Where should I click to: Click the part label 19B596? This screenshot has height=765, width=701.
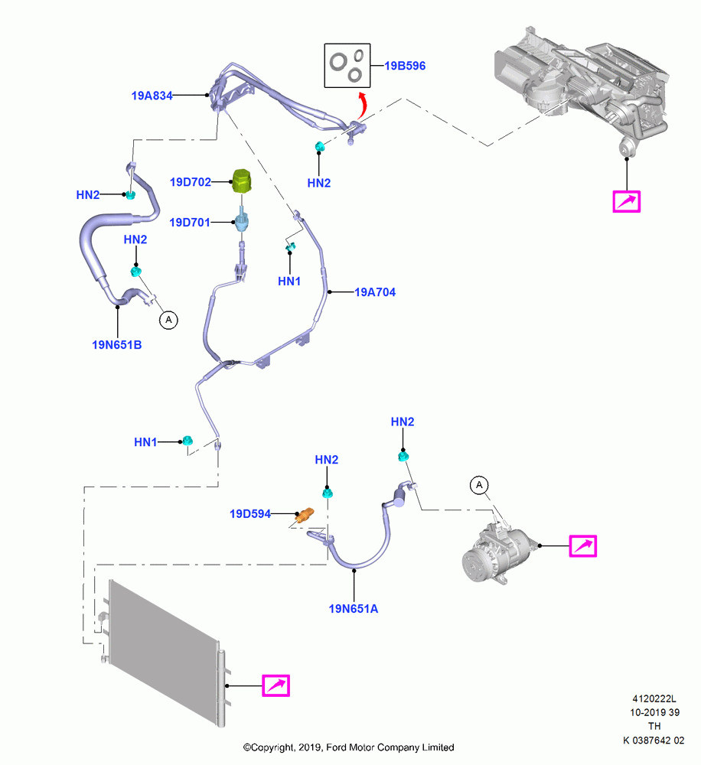[x=405, y=66]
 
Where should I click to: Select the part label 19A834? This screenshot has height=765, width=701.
[x=152, y=96]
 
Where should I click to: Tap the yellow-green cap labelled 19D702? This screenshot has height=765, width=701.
[x=242, y=181]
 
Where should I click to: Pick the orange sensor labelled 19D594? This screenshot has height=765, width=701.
[x=305, y=515]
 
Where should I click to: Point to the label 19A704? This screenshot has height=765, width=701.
[x=375, y=292]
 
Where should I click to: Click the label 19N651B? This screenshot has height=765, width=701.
[x=116, y=345]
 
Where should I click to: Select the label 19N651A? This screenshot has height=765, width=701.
[x=354, y=609]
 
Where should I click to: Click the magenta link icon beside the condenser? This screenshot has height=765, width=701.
[x=276, y=685]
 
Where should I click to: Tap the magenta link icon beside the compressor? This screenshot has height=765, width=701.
[x=583, y=545]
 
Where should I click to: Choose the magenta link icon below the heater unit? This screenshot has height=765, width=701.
[x=626, y=201]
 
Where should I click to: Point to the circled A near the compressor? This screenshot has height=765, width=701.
[x=479, y=485]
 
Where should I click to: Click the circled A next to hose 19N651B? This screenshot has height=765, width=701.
[x=169, y=320]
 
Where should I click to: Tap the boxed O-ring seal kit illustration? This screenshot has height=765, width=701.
[x=347, y=66]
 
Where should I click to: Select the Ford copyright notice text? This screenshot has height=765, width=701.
[x=348, y=747]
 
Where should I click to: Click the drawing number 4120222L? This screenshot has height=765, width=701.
[x=654, y=698]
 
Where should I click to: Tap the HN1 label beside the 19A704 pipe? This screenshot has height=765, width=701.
[x=289, y=282]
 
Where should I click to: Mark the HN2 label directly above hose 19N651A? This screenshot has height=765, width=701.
[x=327, y=460]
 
